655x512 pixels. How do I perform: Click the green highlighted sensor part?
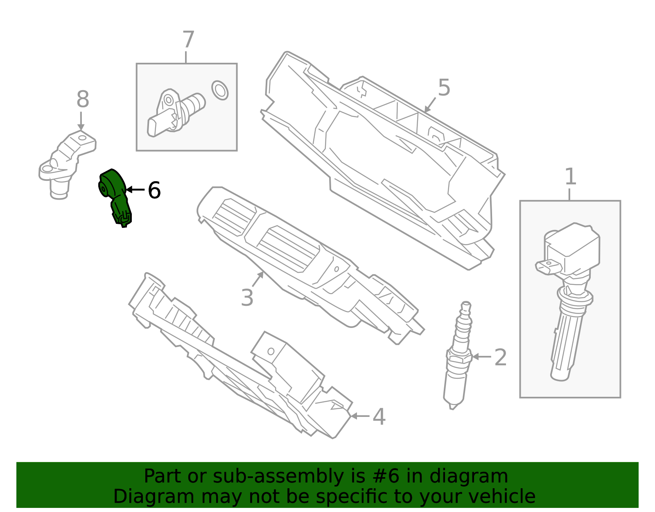pos(115,195)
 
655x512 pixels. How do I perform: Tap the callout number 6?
pos(154,191)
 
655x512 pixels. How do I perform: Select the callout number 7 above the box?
pos(188,40)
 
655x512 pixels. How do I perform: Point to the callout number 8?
pos(83,100)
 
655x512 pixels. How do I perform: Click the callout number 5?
pos(444,88)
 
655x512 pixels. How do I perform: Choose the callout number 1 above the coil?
pos(570,177)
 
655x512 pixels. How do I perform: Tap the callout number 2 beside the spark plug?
pos(500,357)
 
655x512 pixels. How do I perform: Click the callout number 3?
pos(247,298)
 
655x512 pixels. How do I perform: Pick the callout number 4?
pos(379,417)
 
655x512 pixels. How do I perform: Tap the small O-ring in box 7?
pos(220,90)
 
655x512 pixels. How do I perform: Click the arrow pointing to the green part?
pos(135,190)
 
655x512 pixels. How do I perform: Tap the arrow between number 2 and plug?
pos(482,357)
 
